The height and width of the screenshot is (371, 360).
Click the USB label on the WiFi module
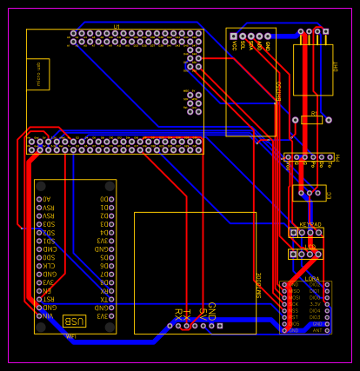(x=74, y=321)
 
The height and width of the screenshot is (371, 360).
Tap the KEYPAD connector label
(x=310, y=224)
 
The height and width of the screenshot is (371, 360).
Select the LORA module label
(x=311, y=279)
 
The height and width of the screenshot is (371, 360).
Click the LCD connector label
(x=310, y=247)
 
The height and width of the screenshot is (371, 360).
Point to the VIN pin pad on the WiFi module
(x=39, y=315)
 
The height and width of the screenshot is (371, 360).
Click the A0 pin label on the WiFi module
(x=47, y=199)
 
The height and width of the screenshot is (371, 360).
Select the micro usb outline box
(x=37, y=74)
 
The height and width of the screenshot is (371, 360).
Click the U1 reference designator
(x=117, y=27)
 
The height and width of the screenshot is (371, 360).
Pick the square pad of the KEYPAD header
(x=294, y=233)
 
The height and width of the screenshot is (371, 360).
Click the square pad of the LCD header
(x=294, y=255)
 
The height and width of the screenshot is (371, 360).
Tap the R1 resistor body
(x=311, y=120)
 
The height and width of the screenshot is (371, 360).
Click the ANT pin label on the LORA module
(x=317, y=330)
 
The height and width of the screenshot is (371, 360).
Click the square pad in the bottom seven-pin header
(x=220, y=326)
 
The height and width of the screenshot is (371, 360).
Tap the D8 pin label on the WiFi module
(x=103, y=282)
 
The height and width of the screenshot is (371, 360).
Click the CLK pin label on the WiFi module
(x=48, y=266)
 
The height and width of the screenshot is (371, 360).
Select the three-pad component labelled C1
(x=310, y=193)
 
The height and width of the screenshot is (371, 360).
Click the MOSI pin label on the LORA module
(x=293, y=297)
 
